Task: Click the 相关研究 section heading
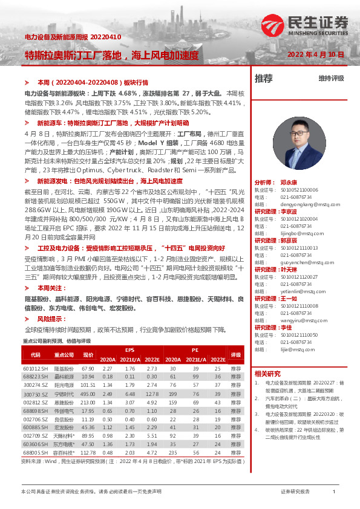tap(267, 373)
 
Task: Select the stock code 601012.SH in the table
tap(36, 368)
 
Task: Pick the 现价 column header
tap(88, 355)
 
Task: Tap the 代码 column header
tap(36, 355)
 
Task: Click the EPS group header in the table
tap(129, 350)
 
